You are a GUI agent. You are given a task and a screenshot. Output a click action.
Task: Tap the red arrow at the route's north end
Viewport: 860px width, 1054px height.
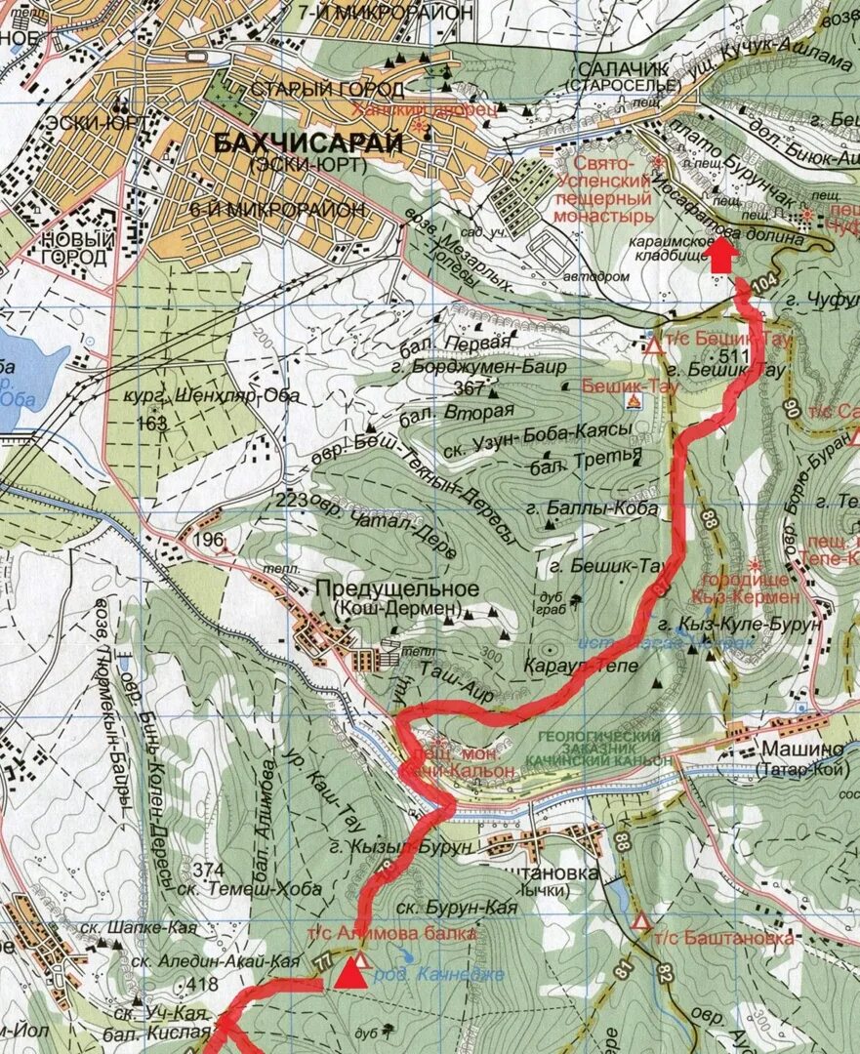coord(721,257)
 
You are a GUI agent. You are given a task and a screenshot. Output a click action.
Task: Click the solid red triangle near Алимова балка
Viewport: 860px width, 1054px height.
coord(351,974)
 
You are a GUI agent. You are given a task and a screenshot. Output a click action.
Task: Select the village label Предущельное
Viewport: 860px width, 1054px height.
coord(396,589)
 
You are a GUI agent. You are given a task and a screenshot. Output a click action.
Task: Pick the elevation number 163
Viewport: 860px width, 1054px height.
coord(152,423)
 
